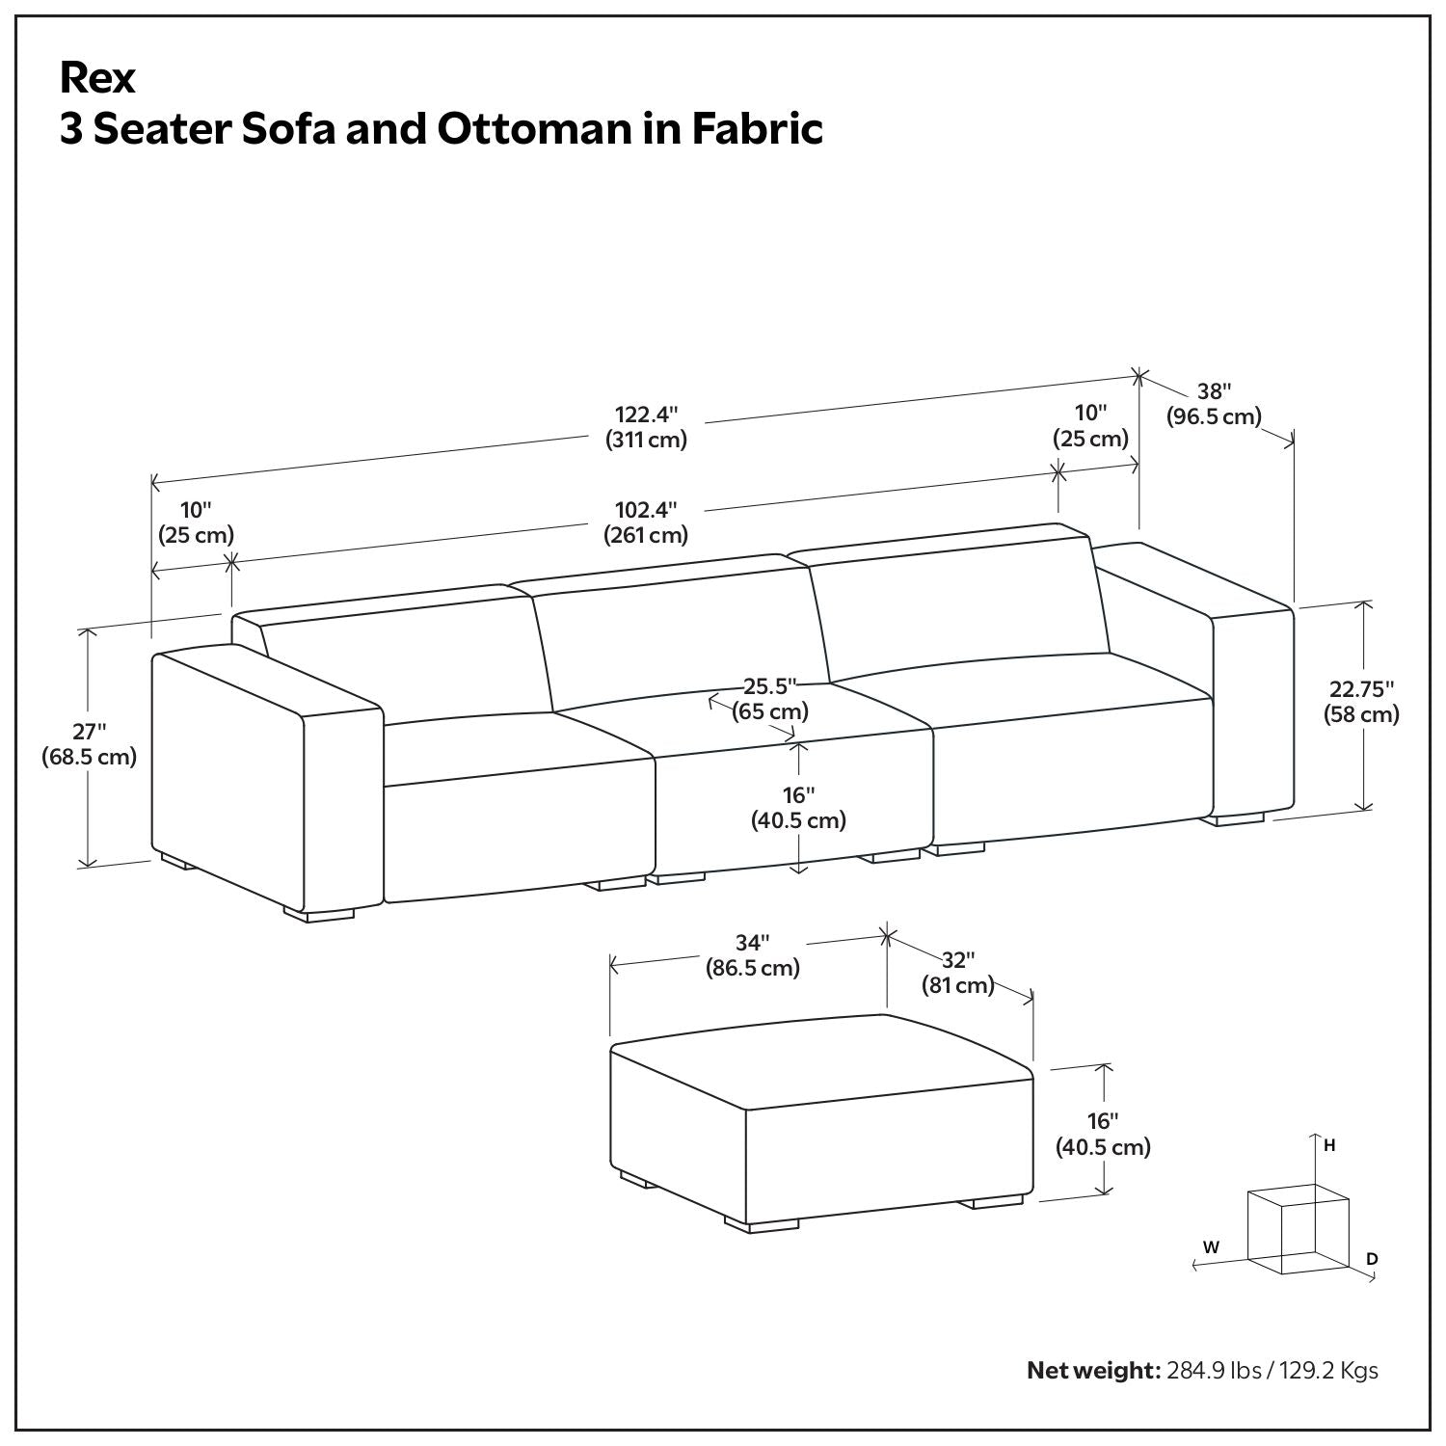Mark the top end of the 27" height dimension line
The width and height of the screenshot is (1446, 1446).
click(89, 629)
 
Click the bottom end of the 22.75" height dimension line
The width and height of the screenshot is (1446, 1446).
click(1364, 810)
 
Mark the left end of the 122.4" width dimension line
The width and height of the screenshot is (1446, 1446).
click(152, 482)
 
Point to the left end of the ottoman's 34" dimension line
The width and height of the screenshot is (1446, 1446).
click(611, 964)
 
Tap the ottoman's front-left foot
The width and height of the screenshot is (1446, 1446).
click(762, 1223)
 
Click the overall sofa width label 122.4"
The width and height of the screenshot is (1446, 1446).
click(647, 415)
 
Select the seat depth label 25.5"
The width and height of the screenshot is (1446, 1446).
click(770, 686)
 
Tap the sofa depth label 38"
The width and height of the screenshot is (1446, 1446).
click(1215, 391)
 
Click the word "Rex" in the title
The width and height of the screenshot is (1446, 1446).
click(97, 78)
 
